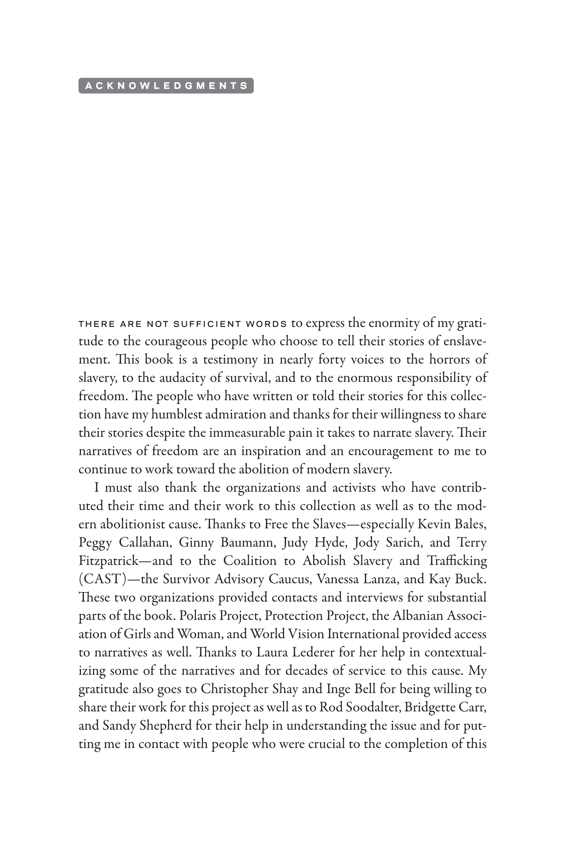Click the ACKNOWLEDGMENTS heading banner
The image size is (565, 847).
pos(166,86)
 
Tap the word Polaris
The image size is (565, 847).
pos(197,615)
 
